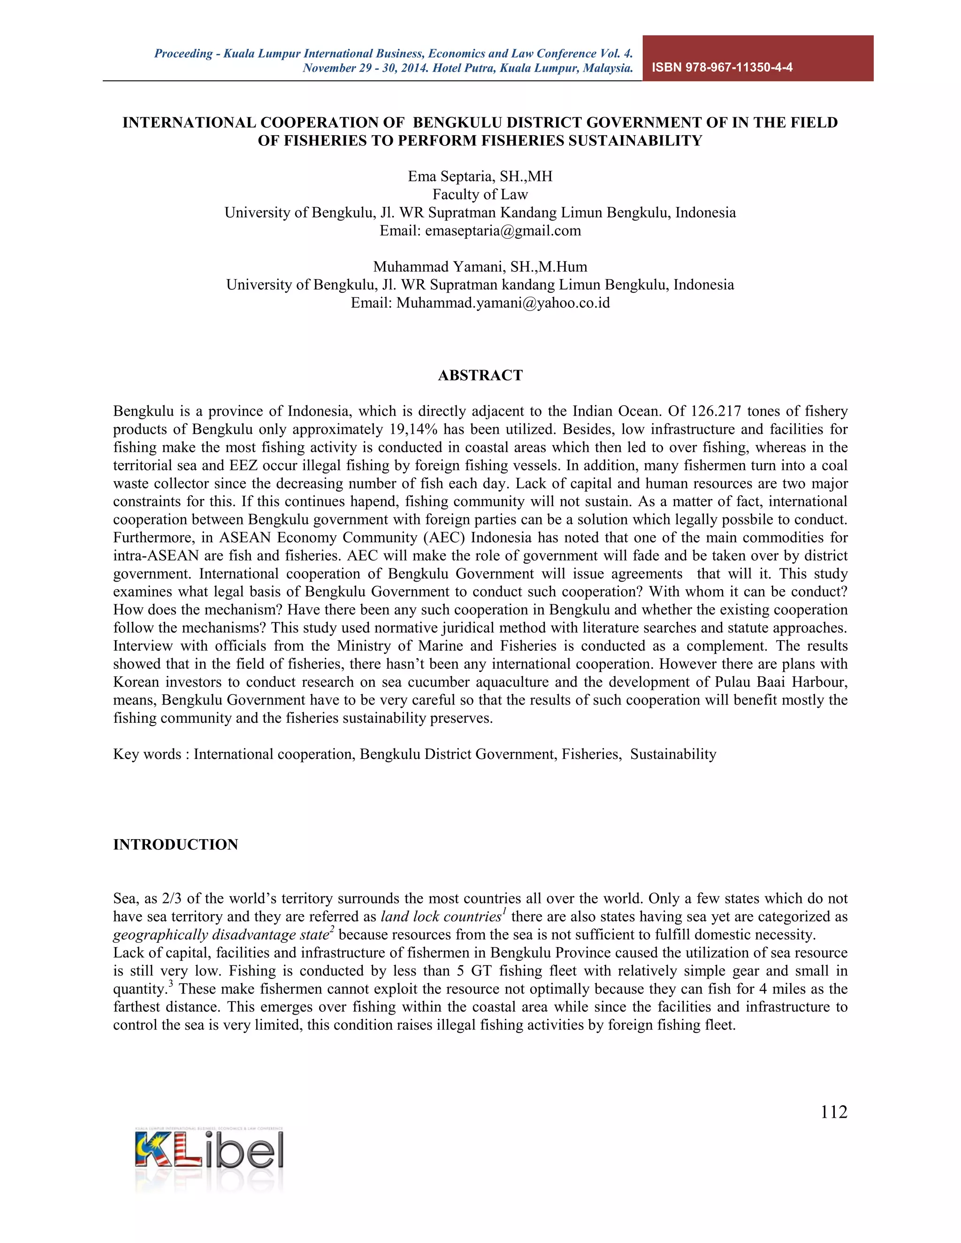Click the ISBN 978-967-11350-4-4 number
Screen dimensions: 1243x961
[722, 67]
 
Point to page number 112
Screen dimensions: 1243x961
[833, 1112]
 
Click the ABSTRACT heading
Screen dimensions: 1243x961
[480, 375]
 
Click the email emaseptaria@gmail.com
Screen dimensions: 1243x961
[503, 230]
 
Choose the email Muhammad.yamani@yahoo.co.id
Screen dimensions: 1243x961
[503, 303]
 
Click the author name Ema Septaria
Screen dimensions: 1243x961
[450, 176]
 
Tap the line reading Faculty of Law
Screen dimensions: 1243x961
[480, 195]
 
